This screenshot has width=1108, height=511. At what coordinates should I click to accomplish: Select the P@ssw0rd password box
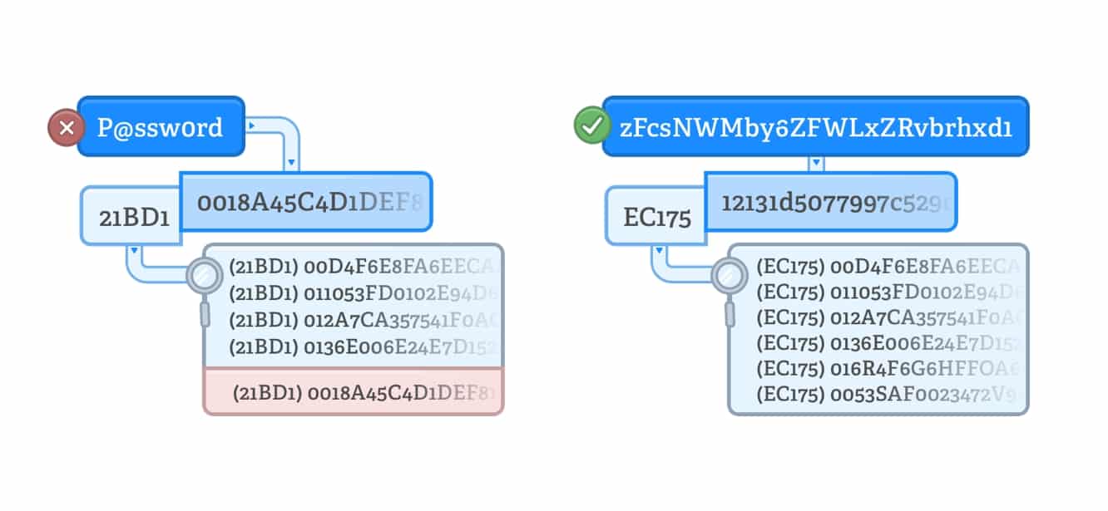click(x=161, y=126)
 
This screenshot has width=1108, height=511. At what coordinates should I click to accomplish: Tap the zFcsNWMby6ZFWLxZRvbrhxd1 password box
click(x=815, y=127)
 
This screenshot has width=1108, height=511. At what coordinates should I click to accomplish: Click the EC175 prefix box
click(x=656, y=218)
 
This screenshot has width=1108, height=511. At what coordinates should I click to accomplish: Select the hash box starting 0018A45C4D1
click(x=305, y=201)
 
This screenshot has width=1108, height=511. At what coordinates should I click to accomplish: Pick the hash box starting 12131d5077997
click(x=830, y=201)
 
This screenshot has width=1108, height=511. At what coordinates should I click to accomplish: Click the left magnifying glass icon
click(x=203, y=275)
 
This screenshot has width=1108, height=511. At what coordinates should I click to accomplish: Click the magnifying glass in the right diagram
click(x=729, y=275)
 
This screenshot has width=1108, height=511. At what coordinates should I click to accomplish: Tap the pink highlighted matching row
click(x=354, y=391)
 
